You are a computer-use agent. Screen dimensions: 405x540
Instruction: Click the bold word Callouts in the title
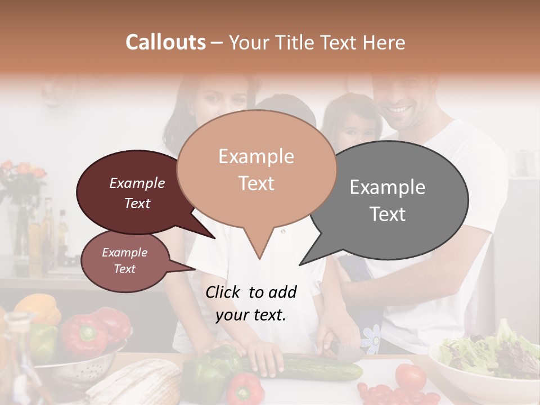point(165,42)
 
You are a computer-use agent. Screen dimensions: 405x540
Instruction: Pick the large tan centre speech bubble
point(256,169)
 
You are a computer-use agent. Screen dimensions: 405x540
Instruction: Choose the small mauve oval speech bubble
point(124,260)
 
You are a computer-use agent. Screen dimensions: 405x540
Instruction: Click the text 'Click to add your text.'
point(251,303)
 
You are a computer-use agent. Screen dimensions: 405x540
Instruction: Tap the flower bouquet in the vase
point(22,177)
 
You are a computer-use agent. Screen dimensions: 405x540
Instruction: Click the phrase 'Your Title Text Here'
point(317,42)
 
